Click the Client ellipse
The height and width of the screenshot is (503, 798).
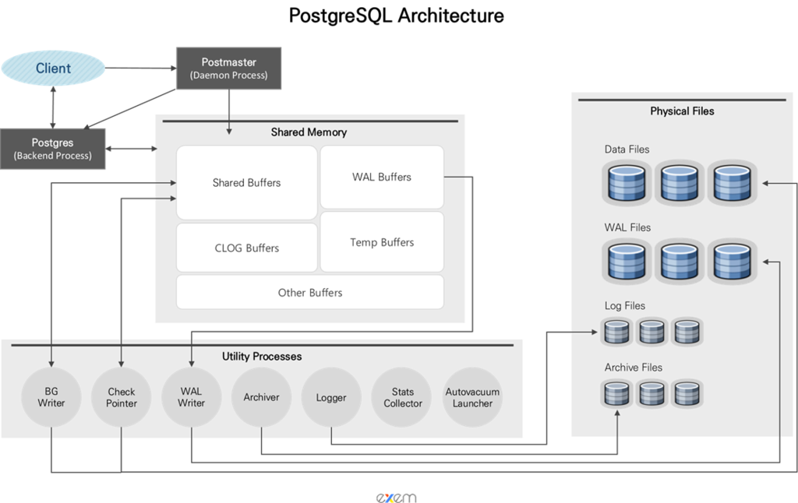53,68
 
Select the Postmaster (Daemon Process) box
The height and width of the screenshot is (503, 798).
228,69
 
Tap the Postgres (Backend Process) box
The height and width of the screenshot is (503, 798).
52,149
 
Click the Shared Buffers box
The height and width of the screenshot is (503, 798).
247,182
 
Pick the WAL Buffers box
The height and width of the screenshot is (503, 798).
382,177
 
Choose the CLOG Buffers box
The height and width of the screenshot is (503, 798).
247,248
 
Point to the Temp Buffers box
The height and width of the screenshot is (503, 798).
382,242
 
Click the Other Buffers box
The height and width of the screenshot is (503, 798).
310,293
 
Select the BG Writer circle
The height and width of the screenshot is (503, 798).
51,397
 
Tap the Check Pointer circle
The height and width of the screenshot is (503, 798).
121,397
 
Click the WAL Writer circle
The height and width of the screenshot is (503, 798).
192,397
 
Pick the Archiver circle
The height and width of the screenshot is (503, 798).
261,397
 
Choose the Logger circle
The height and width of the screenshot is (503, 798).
331,397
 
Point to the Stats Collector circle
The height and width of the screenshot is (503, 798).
403,397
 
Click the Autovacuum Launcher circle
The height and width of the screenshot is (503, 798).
472,397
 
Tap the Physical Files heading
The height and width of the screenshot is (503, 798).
682,111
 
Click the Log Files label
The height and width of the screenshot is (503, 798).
624,306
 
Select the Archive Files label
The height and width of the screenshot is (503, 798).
633,368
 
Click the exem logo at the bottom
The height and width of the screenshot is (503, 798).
396,498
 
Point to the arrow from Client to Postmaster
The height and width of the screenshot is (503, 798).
141,68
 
